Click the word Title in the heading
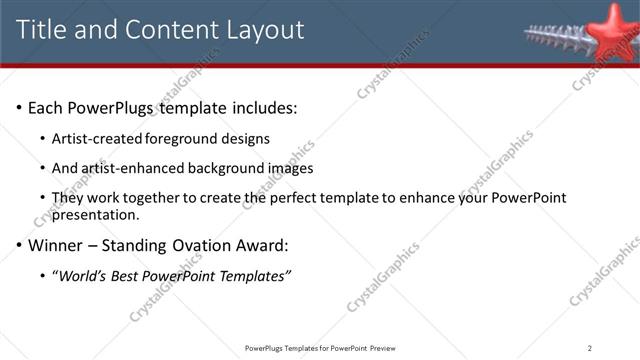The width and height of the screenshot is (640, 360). pyautogui.click(x=44, y=30)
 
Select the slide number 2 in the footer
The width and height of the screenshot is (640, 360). pyautogui.click(x=590, y=348)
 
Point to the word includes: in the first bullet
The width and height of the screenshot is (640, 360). pyautogui.click(x=262, y=107)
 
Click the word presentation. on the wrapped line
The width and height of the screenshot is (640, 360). pyautogui.click(x=96, y=214)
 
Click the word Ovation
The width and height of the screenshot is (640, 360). pyautogui.click(x=211, y=244)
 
